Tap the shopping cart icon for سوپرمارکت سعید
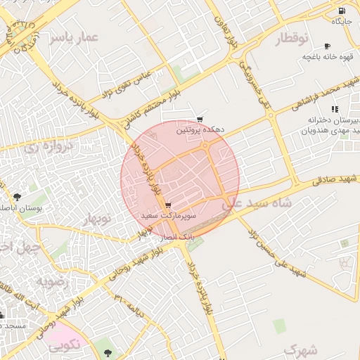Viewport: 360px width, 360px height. (x=167, y=205)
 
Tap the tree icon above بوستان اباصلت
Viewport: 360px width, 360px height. (x=17, y=197)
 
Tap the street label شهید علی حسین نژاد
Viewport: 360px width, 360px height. (x=278, y=251)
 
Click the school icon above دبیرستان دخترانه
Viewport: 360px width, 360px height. (x=335, y=108)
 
